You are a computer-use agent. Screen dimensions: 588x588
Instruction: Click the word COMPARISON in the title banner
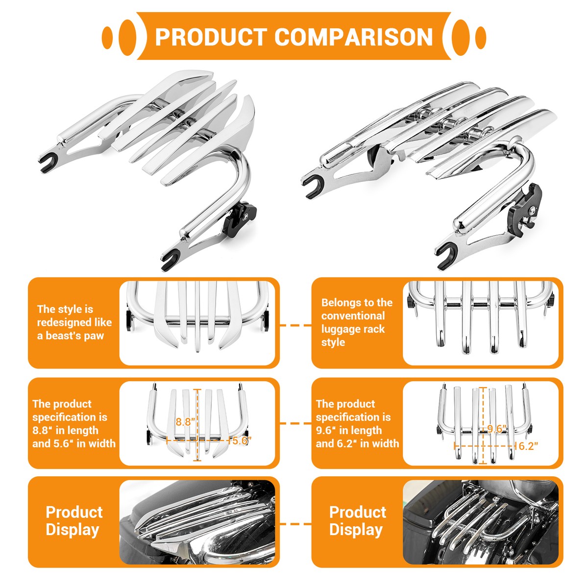pos(354,37)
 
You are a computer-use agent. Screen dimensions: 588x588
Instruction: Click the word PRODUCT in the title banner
pos(210,37)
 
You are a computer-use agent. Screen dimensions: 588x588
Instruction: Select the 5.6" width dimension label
pos(242,441)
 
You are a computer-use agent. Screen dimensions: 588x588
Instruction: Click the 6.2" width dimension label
pos(528,446)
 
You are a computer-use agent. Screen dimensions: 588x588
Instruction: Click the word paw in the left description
pos(94,336)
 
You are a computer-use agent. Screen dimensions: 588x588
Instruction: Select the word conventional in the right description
pos(353,316)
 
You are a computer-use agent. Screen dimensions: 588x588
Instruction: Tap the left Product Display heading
pos(73,521)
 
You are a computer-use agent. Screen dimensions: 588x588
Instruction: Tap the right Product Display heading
pos(357,521)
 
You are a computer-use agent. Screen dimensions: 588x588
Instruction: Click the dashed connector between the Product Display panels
pos(295,523)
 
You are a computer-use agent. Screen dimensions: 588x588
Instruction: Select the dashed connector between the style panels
pos(295,325)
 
